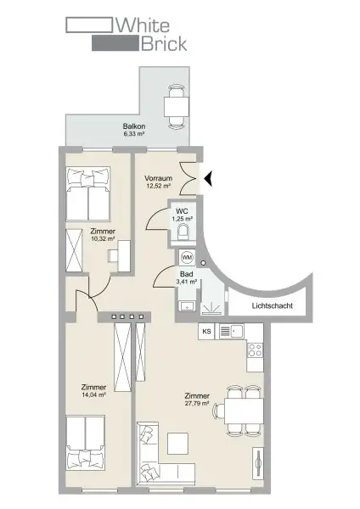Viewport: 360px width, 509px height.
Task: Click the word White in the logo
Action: pyautogui.click(x=149, y=25)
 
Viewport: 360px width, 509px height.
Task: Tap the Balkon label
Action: pyautogui.click(x=133, y=126)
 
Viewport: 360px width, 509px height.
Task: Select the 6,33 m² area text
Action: pyautogui.click(x=134, y=134)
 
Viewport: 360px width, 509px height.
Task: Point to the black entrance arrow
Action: pyautogui.click(x=206, y=177)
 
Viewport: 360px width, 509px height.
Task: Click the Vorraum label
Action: pyautogui.click(x=159, y=177)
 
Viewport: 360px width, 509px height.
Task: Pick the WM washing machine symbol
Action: pyautogui.click(x=187, y=256)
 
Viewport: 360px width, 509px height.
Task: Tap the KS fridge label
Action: pyautogui.click(x=205, y=331)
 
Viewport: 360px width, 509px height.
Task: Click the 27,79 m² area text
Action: pyautogui.click(x=197, y=403)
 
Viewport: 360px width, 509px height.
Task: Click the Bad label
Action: pyautogui.click(x=183, y=273)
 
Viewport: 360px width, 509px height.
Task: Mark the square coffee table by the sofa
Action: pyautogui.click(x=177, y=444)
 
